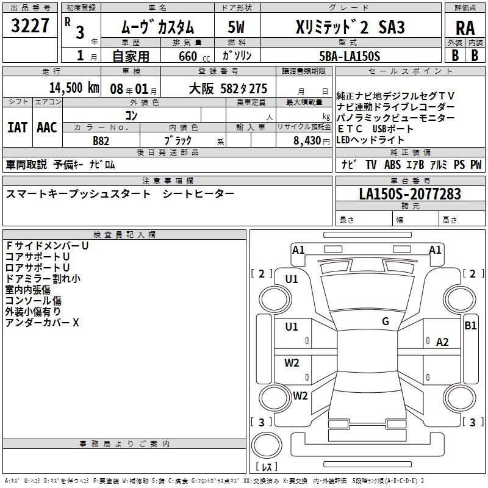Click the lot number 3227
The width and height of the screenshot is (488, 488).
click(x=30, y=27)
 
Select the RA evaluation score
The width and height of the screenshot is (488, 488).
click(x=465, y=27)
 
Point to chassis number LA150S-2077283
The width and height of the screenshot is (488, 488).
click(x=410, y=194)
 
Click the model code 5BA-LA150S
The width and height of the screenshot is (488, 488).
click(x=350, y=56)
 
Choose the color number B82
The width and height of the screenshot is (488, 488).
click(x=101, y=140)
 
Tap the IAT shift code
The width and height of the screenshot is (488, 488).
click(x=18, y=127)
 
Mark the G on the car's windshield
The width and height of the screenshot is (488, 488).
click(x=386, y=321)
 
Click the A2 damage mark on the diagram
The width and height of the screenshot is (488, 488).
click(x=442, y=342)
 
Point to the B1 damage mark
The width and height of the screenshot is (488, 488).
click(x=470, y=326)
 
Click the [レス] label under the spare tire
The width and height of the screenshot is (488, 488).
click(x=266, y=467)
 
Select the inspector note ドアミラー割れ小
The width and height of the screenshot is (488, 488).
click(x=43, y=279)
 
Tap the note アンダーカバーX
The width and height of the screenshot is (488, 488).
click(x=43, y=323)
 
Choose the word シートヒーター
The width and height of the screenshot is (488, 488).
click(x=199, y=193)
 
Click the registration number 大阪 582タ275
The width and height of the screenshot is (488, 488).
click(x=228, y=88)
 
